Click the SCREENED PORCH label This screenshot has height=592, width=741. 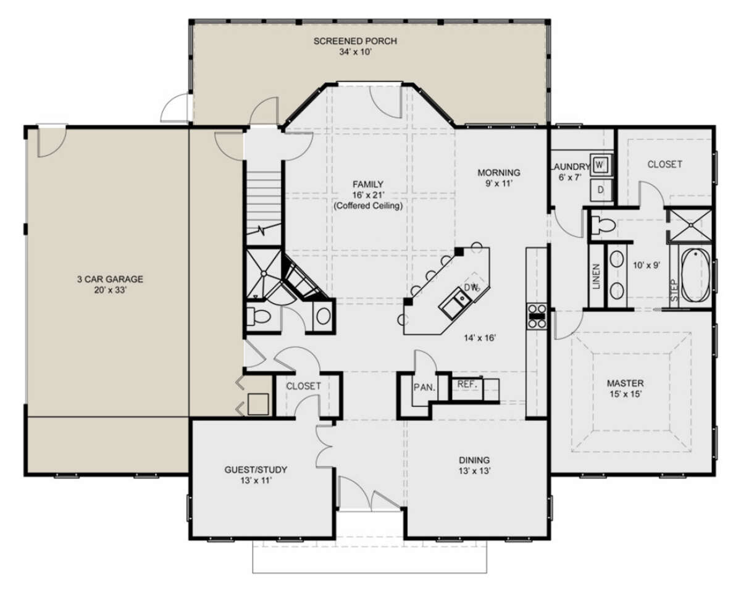[x=355, y=41]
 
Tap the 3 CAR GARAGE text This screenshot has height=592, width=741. [x=110, y=279]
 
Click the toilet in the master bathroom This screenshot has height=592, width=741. [x=603, y=225]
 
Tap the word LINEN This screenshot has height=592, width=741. [x=597, y=276]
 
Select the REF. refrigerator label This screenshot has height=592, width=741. [x=467, y=384]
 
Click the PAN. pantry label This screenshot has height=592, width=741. [x=425, y=387]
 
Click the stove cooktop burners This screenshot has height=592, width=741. [x=537, y=316]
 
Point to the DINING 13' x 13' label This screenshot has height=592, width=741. [x=474, y=465]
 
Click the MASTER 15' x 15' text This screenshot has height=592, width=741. [x=626, y=388]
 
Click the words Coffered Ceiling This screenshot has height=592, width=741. [x=368, y=206]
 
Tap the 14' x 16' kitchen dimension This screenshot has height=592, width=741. [x=480, y=338]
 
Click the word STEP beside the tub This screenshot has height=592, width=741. [x=674, y=290]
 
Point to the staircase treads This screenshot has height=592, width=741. [x=264, y=204]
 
